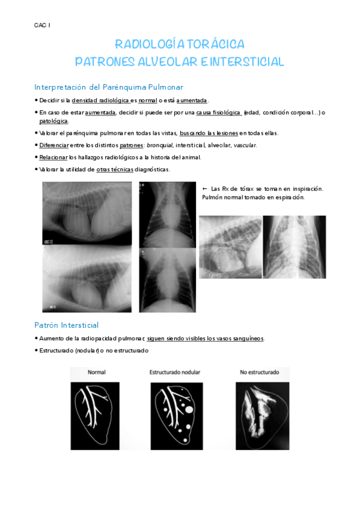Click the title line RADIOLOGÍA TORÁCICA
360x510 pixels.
pyautogui.click(x=180, y=45)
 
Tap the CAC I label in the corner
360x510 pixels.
pyautogui.click(x=42, y=25)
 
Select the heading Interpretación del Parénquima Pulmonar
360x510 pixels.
pyautogui.click(x=109, y=87)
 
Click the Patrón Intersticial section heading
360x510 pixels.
pyautogui.click(x=67, y=325)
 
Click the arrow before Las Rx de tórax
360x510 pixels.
pyautogui.click(x=205, y=189)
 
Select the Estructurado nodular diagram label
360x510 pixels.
pyautogui.click(x=175, y=372)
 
